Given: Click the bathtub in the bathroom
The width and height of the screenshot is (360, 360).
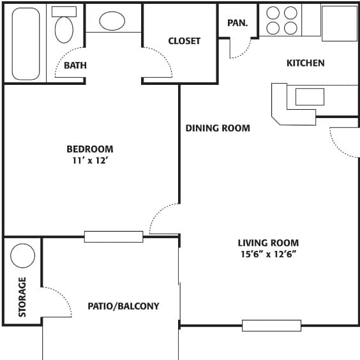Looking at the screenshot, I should coord(26,43).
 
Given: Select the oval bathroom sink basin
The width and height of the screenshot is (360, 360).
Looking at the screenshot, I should coord(112,20).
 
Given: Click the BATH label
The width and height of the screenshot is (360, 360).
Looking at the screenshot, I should coord(75,65).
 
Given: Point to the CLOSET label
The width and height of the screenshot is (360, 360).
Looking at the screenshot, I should coord(184,41).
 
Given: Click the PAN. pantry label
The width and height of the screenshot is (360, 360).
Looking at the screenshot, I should coord(238,23).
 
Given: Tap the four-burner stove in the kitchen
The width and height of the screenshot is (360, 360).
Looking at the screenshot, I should coord(281,20).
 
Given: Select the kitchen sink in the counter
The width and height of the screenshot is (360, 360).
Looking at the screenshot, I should coord(309,97).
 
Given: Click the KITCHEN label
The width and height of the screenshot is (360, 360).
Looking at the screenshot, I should coord(305,63).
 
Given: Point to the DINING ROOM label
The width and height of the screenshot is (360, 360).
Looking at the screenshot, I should coord(218,128).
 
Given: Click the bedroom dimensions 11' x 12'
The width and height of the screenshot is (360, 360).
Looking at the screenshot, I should coord(90,161).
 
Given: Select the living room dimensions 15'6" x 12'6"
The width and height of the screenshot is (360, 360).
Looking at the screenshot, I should coord(268,254).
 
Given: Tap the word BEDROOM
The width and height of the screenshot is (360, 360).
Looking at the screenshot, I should coord(90,149).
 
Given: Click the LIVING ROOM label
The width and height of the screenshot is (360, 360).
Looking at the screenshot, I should coord(268,243).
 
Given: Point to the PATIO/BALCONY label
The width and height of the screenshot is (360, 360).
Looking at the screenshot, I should coord(123,306).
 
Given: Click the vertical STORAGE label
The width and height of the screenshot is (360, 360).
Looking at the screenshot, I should coord(22,297).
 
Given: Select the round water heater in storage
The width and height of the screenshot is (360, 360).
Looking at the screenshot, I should coord(23,256).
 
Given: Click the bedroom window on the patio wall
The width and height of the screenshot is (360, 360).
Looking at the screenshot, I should coord(114,237).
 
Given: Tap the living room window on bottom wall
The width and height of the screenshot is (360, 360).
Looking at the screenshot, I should coord(271,326).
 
